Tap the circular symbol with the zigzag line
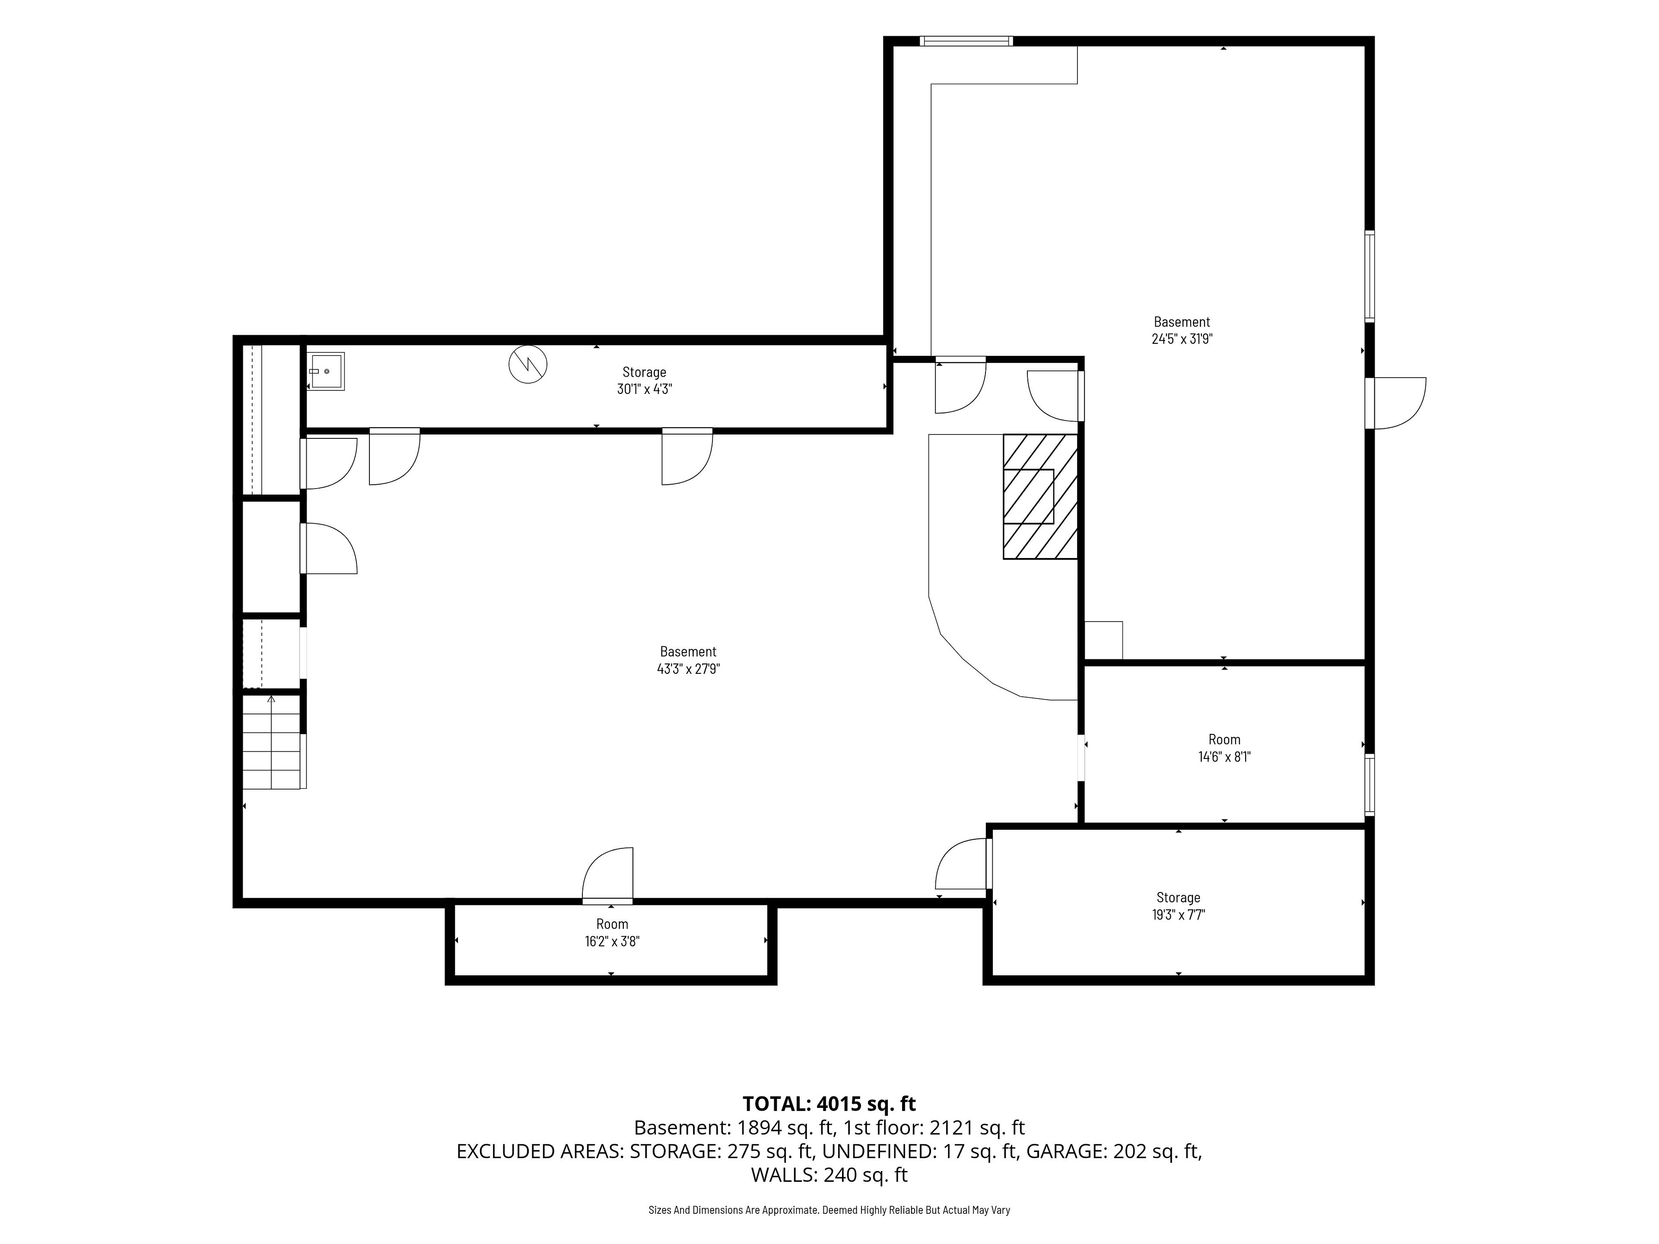pos(528,365)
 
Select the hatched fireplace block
pos(1040,496)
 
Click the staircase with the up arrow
pos(271,743)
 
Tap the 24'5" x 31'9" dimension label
pos(1182,339)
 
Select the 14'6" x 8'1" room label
pos(1224,757)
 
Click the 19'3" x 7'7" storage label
pos(1178,915)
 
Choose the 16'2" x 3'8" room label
pos(612,941)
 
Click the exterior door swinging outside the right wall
pos(1396,403)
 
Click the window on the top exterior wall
pos(967,41)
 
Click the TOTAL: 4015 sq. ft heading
pos(829,1104)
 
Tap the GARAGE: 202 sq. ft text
pos(1114,1151)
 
